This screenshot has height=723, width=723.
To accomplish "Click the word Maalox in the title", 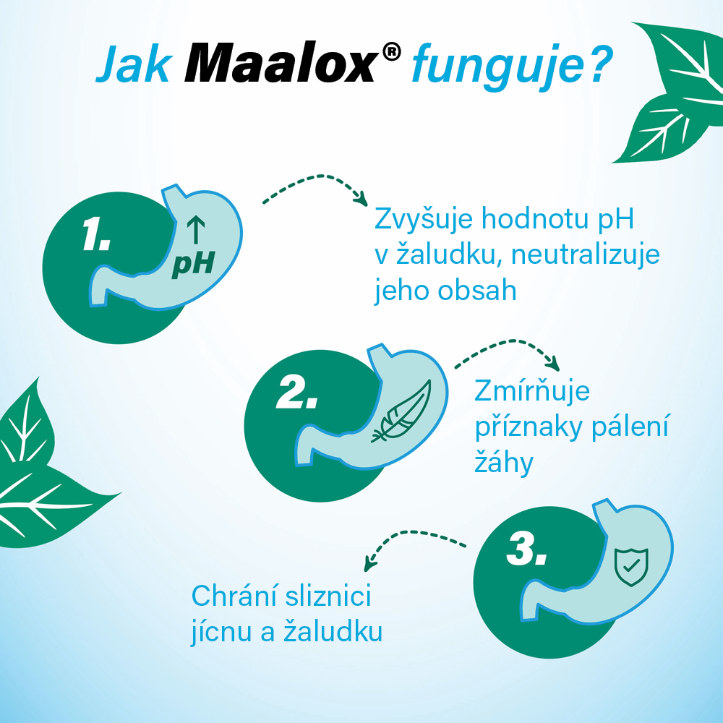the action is (280, 63).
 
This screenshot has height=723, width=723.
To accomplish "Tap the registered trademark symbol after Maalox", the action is (391, 51).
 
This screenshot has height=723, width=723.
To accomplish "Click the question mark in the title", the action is (599, 64).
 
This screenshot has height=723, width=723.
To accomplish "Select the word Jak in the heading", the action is (134, 64).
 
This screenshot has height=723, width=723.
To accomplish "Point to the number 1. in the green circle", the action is (96, 234).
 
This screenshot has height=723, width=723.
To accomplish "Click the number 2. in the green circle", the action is (297, 393).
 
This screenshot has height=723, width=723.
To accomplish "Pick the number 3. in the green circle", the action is (526, 549).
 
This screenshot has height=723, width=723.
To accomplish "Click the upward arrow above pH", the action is (196, 229).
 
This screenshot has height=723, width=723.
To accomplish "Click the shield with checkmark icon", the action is (631, 567).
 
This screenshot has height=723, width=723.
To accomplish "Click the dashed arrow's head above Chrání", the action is (369, 564).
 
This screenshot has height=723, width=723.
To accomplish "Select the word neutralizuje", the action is (586, 254).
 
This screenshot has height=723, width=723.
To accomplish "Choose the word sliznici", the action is (328, 596).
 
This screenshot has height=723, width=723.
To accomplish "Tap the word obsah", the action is (477, 291).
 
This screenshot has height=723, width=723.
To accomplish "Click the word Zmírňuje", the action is (532, 390).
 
